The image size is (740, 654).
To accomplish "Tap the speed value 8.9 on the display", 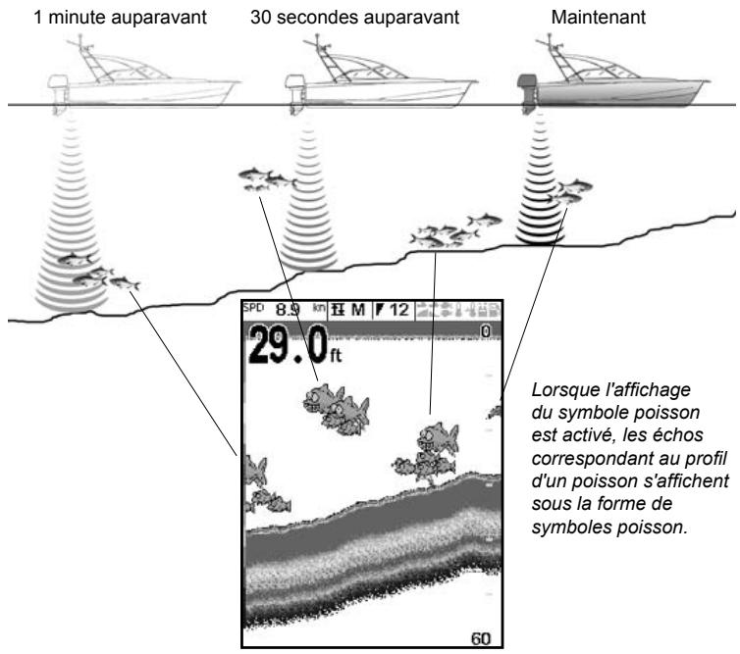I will [x=291, y=310].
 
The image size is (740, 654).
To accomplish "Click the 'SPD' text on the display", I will [x=254, y=306].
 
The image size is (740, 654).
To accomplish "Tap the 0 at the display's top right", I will [x=485, y=332].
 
